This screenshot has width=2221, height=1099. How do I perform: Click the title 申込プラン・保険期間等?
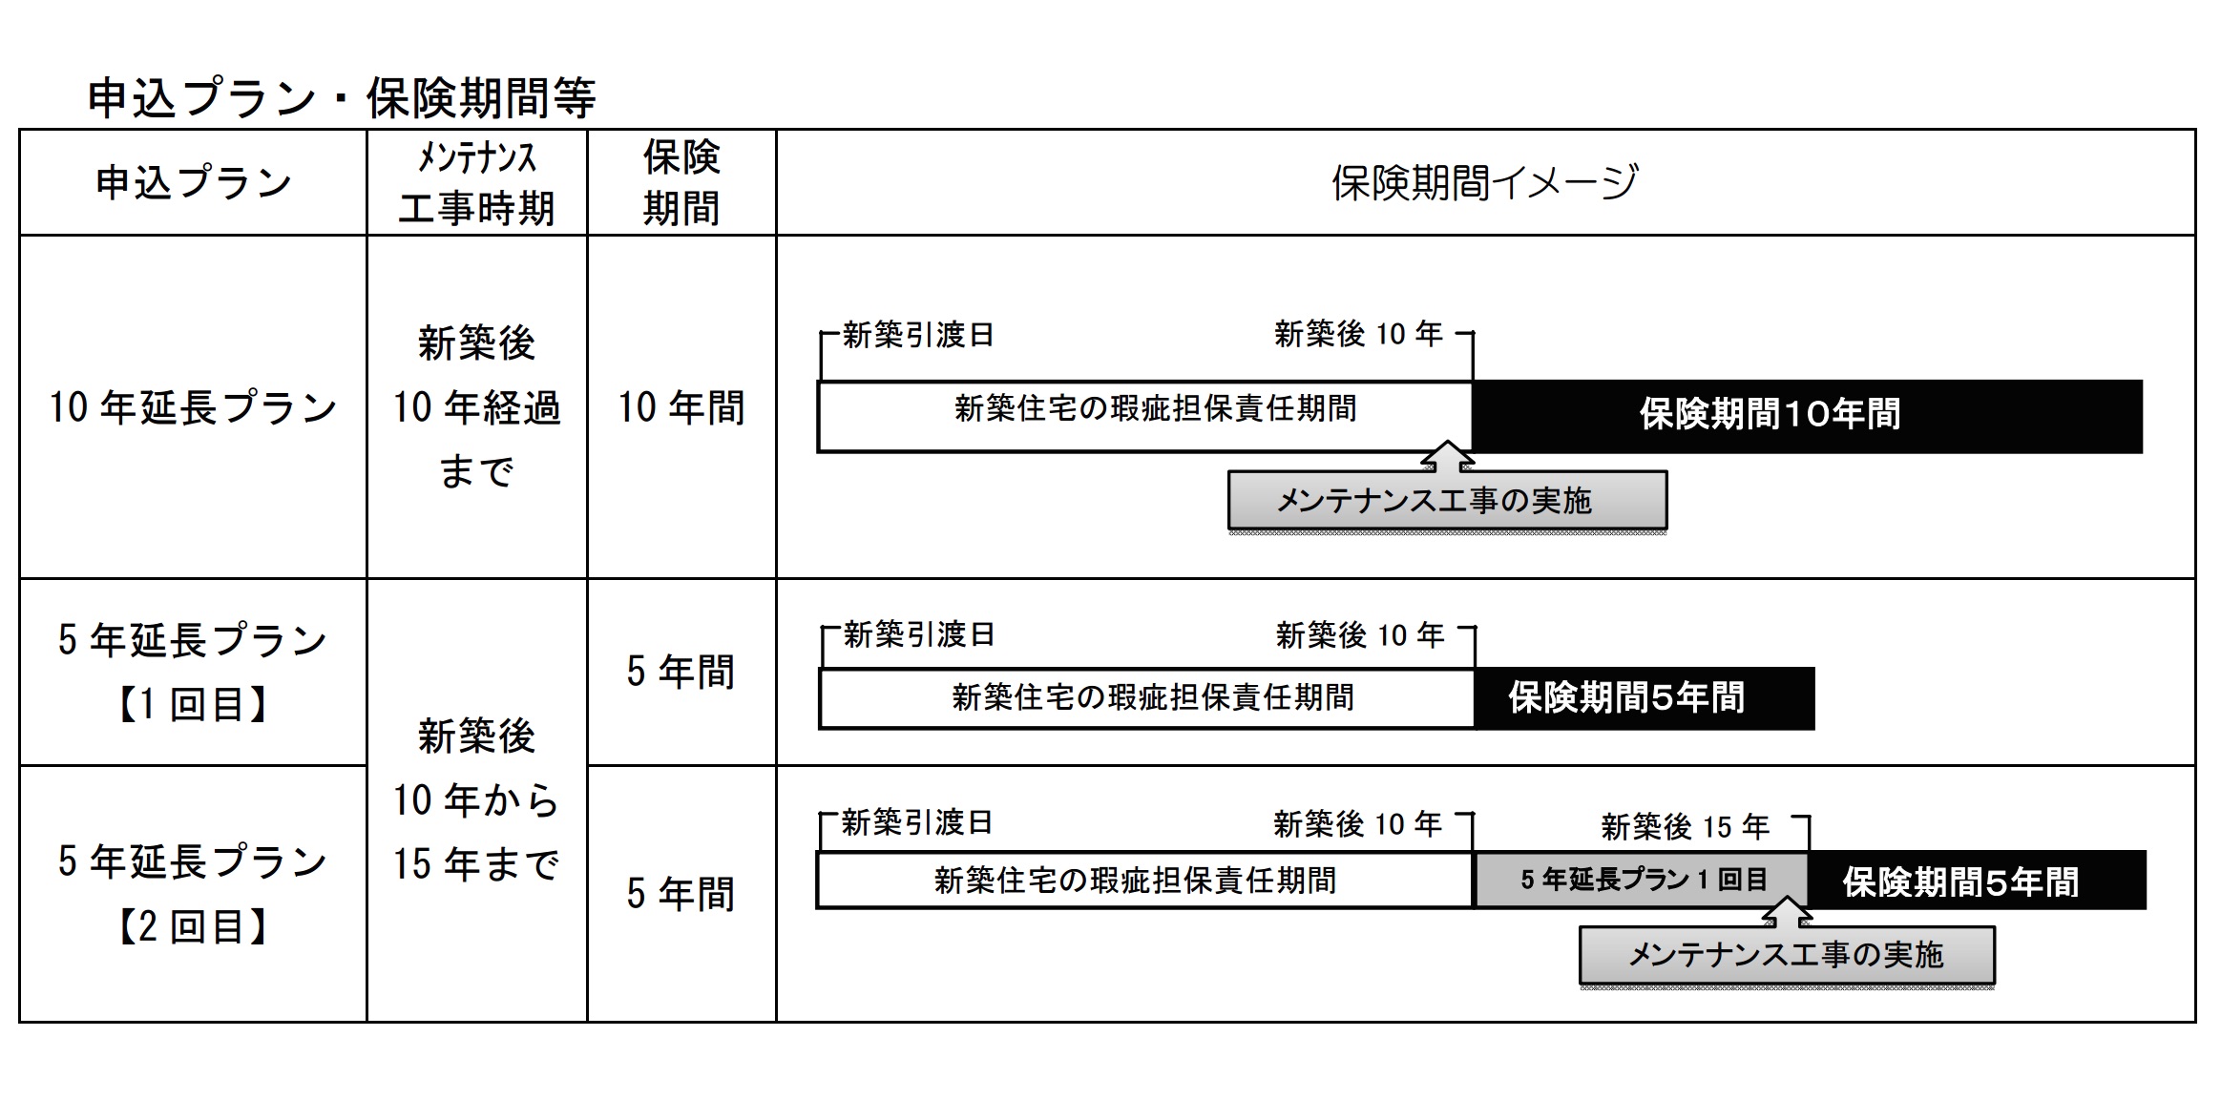pyautogui.click(x=341, y=98)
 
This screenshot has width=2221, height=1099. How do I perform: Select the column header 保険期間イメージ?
pyautogui.click(x=1484, y=182)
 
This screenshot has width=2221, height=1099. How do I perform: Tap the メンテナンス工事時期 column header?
pyautogui.click(x=476, y=182)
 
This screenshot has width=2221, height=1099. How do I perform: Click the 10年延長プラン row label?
pyautogui.click(x=193, y=407)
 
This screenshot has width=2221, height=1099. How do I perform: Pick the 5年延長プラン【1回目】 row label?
pyautogui.click(x=193, y=672)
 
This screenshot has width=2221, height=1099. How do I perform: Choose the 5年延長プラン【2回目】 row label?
pyautogui.click(x=193, y=894)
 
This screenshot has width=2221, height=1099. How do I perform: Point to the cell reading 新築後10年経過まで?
pyautogui.click(x=476, y=407)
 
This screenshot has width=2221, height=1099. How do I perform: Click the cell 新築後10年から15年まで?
pyautogui.click(x=476, y=799)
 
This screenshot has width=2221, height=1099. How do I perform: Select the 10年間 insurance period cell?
pyautogui.click(x=681, y=407)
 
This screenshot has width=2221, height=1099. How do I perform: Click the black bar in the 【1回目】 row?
pyautogui.click(x=1644, y=698)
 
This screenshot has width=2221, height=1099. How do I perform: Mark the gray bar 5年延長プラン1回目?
pyautogui.click(x=1642, y=880)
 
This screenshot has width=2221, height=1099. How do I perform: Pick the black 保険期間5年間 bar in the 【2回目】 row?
pyautogui.click(x=1976, y=881)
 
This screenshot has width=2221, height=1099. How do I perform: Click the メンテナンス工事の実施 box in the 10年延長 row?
pyautogui.click(x=1447, y=501)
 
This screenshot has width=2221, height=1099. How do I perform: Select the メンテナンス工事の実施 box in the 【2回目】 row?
pyautogui.click(x=1787, y=955)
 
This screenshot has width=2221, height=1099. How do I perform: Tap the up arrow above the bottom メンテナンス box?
pyautogui.click(x=1787, y=911)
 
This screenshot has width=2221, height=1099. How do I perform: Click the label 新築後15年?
pyautogui.click(x=1685, y=826)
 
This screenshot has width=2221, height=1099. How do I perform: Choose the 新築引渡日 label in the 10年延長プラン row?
pyautogui.click(x=918, y=335)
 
